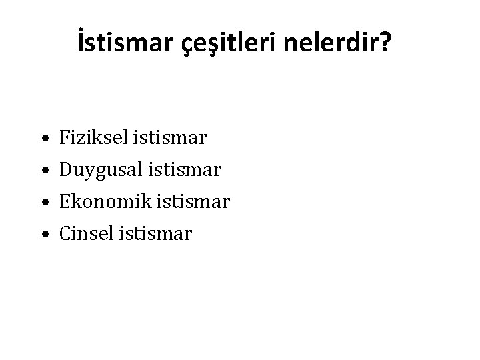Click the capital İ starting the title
81,43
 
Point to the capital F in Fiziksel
65,138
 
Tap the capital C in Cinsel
65,233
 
